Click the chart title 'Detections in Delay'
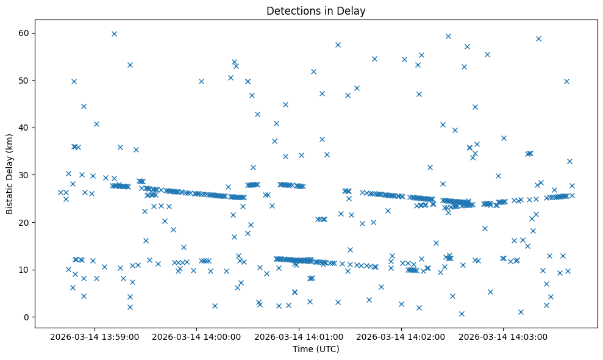click(316, 10)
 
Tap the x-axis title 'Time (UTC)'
click(316, 350)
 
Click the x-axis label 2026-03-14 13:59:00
click(95, 336)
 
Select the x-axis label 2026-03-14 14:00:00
click(197, 336)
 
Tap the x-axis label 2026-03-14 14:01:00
click(299, 336)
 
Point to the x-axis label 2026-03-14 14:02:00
click(401, 336)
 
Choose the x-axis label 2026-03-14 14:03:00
click(504, 336)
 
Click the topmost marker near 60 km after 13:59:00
click(114, 34)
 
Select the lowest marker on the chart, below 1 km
click(462, 314)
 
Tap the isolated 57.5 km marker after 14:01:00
click(338, 45)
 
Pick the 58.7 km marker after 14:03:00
click(538, 38)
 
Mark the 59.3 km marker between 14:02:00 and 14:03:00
click(448, 36)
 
